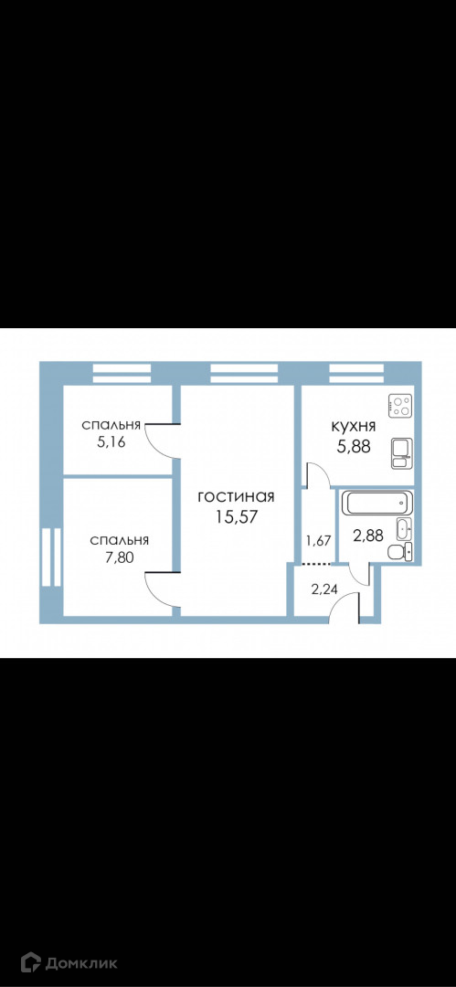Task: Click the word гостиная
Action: point(236,497)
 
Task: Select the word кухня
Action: point(354,426)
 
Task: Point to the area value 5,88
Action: point(354,446)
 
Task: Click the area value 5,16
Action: point(111,441)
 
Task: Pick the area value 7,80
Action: point(119,557)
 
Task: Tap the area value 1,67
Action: point(318,539)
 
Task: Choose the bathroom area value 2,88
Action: point(368,537)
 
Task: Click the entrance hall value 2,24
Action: point(325,589)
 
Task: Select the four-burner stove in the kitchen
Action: point(400,404)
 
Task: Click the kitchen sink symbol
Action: point(401,452)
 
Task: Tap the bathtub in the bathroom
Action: point(376,504)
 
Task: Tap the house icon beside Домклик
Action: point(30,962)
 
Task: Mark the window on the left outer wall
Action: point(50,557)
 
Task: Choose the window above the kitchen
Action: point(355,373)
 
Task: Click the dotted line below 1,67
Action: point(317,563)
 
